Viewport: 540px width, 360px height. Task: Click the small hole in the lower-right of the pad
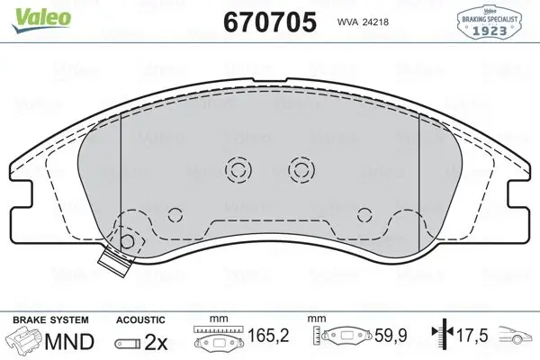tap(364, 214)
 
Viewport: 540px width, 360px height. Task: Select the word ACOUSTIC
tap(140, 319)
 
